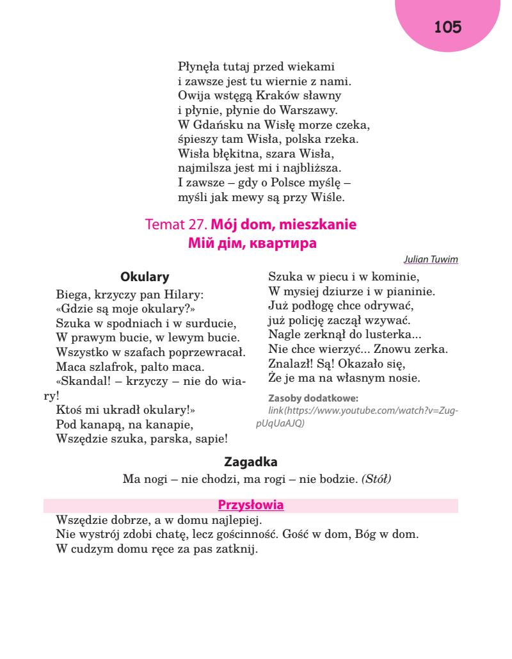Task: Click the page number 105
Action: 447,28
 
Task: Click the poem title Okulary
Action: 145,277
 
